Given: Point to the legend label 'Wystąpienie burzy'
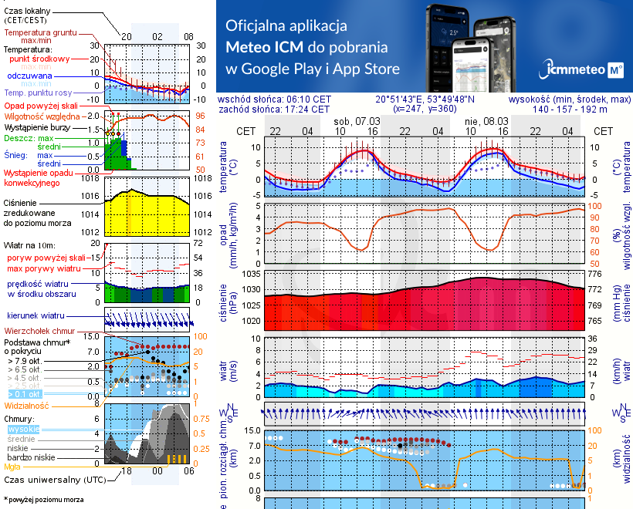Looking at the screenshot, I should [x=37, y=126].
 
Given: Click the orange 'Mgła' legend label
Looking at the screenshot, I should [x=12, y=467].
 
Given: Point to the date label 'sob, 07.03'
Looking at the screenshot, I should [x=357, y=121].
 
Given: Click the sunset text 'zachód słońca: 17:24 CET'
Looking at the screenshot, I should [x=274, y=110].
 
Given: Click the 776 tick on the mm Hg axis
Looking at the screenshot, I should [x=594, y=274].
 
